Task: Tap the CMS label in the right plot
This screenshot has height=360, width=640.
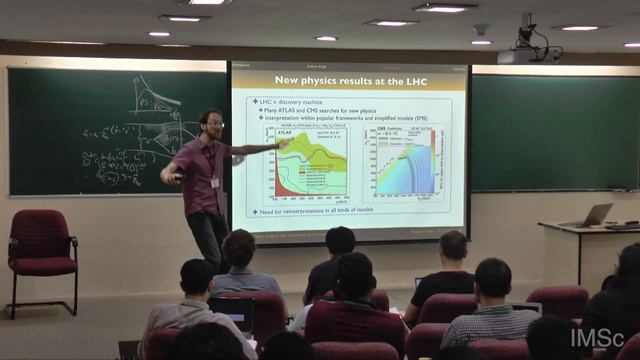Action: click(x=384, y=130)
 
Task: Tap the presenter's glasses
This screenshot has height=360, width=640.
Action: click(x=214, y=124)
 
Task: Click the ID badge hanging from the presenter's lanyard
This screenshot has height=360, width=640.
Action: click(x=215, y=182)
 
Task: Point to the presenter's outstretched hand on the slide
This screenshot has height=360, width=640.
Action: click(x=285, y=144)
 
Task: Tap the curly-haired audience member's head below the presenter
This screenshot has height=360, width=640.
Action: click(x=239, y=249)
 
